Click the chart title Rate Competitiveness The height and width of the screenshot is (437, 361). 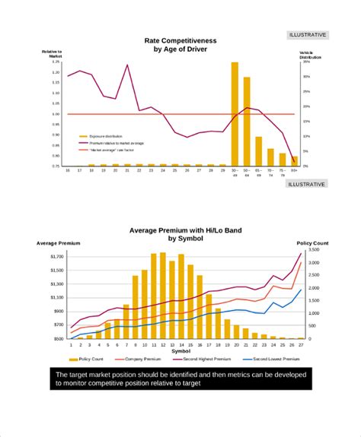180,40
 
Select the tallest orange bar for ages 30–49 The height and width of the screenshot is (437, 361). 235,114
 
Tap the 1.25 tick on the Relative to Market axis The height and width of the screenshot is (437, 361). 56,62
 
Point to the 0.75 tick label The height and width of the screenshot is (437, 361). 56,166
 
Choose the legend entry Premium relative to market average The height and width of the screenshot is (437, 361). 115,142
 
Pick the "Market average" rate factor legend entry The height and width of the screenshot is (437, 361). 111,150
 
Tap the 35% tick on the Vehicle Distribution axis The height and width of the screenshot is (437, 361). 306,62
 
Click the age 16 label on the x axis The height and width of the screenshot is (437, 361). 68,171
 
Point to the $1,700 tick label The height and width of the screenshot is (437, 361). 56,257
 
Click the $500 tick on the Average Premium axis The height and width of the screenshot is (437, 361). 58,339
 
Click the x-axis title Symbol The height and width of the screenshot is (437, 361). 181,351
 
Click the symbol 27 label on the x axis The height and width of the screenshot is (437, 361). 301,345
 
